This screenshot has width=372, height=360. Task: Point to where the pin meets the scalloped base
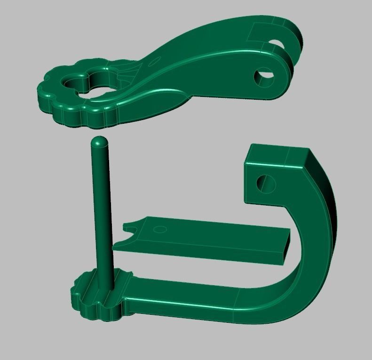[x=105, y=285]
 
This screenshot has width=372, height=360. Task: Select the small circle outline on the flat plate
[x=160, y=230]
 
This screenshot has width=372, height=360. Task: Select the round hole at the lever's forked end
[x=264, y=76]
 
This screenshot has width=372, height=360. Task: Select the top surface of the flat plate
[x=212, y=233]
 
